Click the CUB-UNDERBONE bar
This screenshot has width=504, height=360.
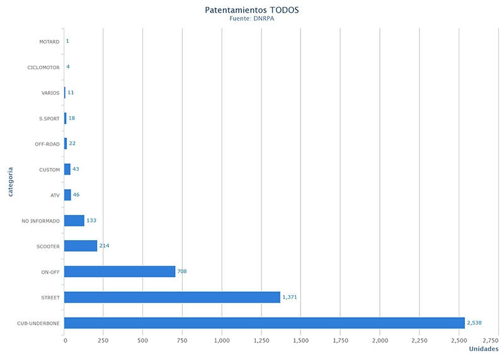pyautogui.click(x=265, y=323)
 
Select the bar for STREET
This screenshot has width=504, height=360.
pyautogui.click(x=172, y=297)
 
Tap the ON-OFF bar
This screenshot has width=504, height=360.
pyautogui.click(x=120, y=271)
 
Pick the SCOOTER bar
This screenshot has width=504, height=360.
pyautogui.click(x=81, y=246)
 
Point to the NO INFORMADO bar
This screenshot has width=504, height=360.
pyautogui.click(x=74, y=220)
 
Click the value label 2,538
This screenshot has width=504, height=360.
pyautogui.click(x=474, y=323)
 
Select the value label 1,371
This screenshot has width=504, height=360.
pyautogui.click(x=290, y=297)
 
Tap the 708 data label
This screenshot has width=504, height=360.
pyautogui.click(x=182, y=271)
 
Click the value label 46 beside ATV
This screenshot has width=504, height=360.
pyautogui.click(x=76, y=195)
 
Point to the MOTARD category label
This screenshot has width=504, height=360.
pyautogui.click(x=49, y=42)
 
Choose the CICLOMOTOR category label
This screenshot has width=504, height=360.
pyautogui.click(x=43, y=67)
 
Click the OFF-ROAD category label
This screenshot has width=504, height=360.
pyautogui.click(x=47, y=144)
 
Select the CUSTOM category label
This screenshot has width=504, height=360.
pyautogui.click(x=49, y=170)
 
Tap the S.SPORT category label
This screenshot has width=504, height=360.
pyautogui.click(x=49, y=119)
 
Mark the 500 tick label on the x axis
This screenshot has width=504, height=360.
pyautogui.click(x=143, y=340)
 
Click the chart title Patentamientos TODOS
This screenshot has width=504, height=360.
pyautogui.click(x=252, y=10)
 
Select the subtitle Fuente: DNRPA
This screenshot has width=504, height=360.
pyautogui.click(x=252, y=19)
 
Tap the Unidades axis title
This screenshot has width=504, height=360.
pyautogui.click(x=484, y=349)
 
